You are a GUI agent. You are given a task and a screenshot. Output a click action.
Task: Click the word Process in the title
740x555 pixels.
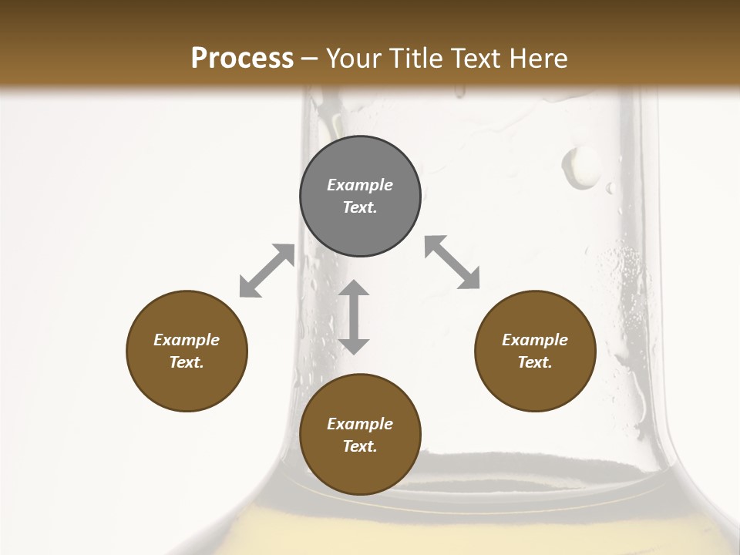(242, 59)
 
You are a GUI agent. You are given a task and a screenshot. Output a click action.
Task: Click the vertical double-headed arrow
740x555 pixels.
(354, 317)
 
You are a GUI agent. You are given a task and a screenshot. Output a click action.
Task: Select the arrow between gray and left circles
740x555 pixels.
(267, 271)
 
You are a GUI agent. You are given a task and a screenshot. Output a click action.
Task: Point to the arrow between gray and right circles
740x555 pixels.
(452, 263)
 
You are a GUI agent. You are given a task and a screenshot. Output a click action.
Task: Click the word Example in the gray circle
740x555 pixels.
(360, 185)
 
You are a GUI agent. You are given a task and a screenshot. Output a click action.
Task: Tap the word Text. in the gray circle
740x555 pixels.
(360, 207)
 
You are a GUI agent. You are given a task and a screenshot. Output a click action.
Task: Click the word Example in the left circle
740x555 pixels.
(187, 340)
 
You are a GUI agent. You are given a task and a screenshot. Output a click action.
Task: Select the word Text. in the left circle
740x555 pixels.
(187, 362)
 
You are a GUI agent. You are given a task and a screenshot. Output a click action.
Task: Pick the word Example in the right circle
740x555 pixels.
(535, 340)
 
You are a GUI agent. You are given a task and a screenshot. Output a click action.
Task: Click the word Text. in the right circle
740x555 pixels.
(535, 362)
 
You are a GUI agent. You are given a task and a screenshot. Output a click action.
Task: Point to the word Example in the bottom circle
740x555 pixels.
(360, 424)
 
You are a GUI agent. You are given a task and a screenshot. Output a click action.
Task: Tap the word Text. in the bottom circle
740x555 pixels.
(360, 446)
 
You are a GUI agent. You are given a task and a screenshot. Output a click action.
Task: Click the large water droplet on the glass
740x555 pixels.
(580, 167)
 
